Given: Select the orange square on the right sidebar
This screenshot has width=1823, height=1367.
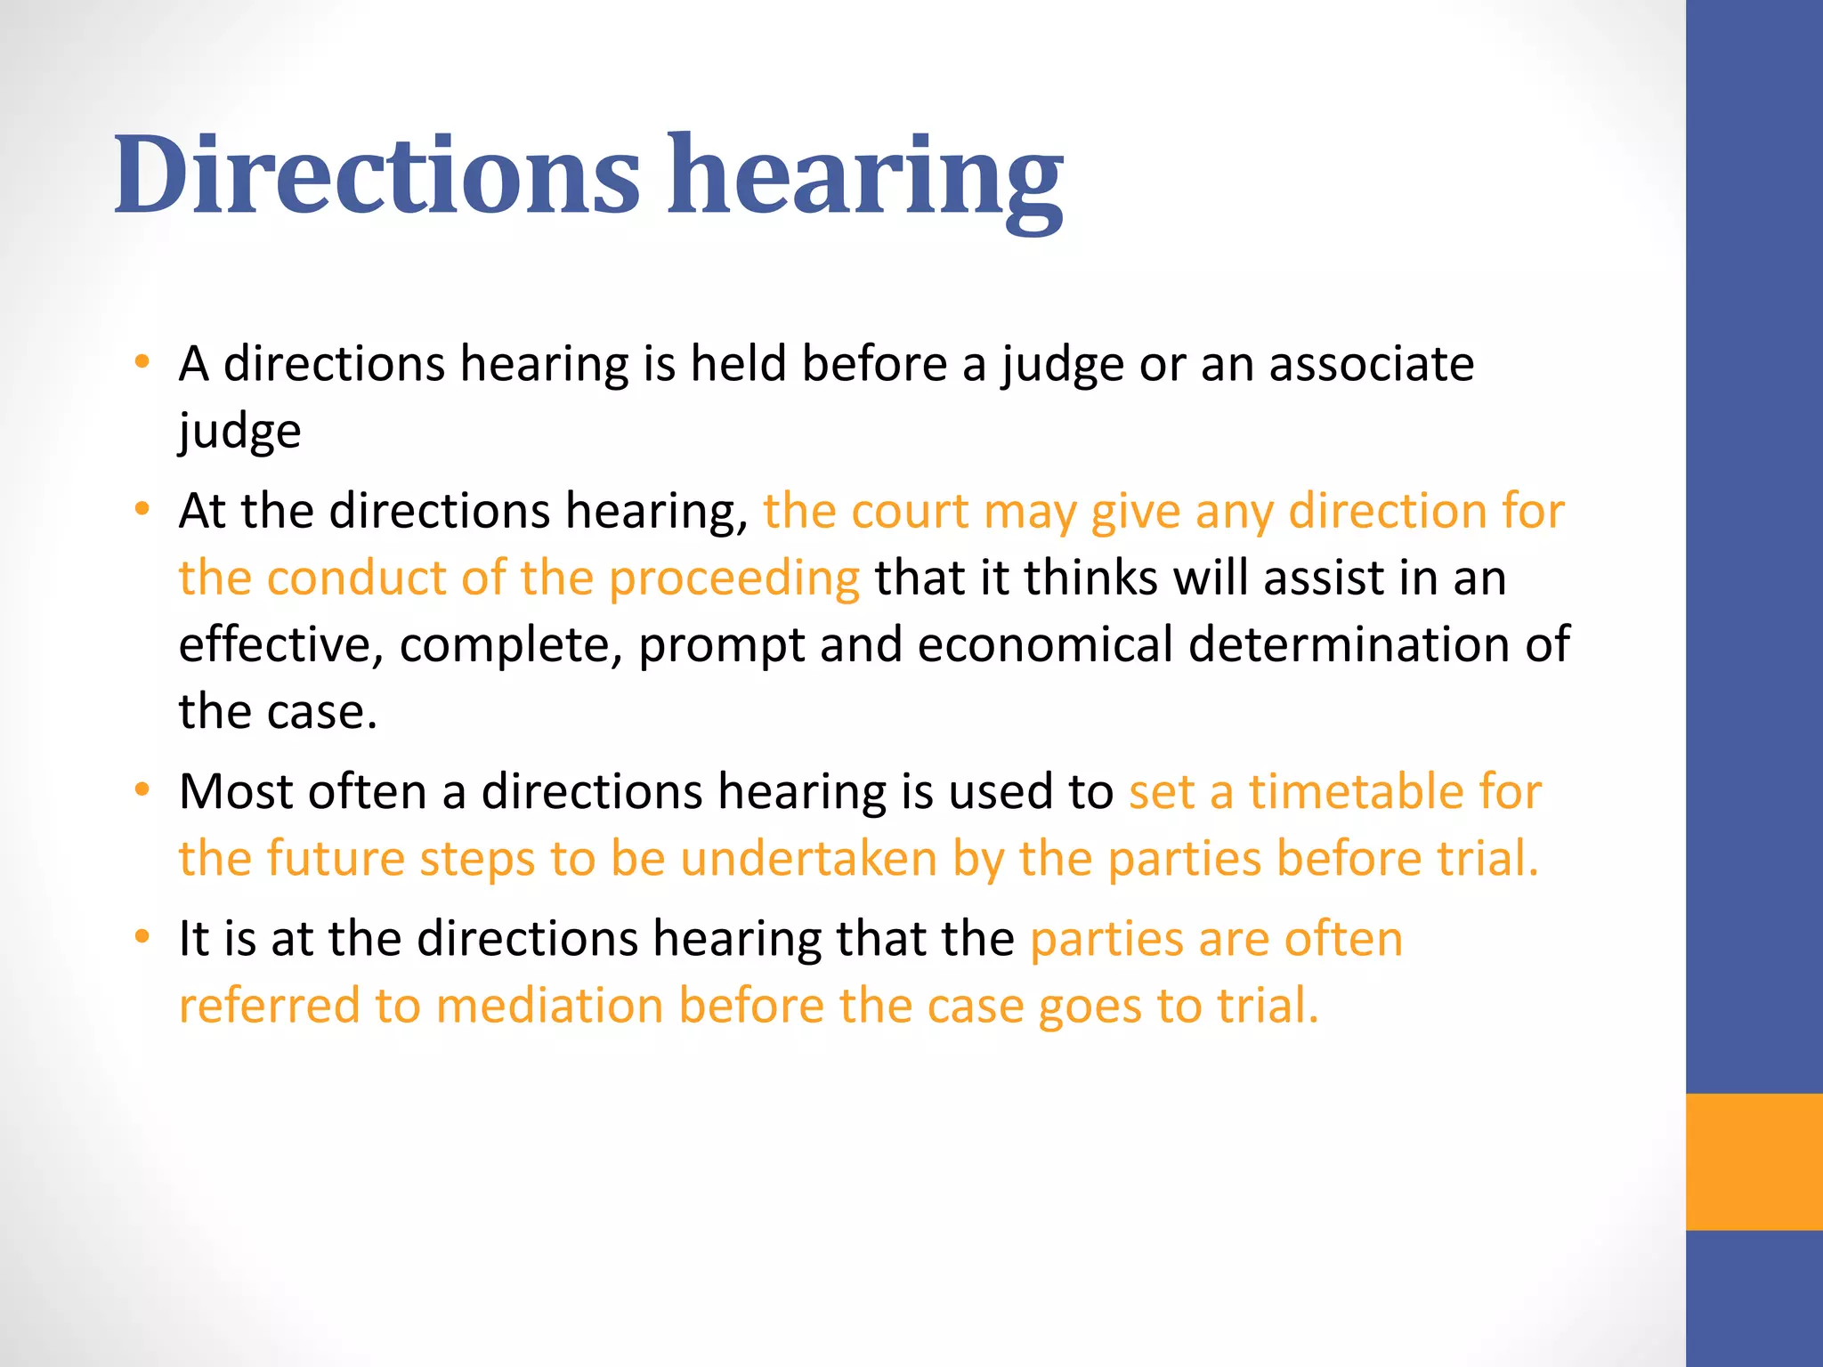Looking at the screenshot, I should coord(1754,1161).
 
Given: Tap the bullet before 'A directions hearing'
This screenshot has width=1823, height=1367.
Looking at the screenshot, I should coord(142,362).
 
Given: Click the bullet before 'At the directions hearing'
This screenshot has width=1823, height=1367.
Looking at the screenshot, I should coord(142,510).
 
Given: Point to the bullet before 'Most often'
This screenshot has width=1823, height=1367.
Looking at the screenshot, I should coord(142,790).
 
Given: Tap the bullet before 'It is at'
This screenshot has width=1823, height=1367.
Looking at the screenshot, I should coord(142,937).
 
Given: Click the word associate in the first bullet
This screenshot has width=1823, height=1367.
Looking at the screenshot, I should coord(1371,364).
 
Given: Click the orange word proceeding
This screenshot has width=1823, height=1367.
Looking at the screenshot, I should coord(734,578).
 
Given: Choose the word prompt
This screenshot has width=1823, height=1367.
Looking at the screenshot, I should coord(721,646).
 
